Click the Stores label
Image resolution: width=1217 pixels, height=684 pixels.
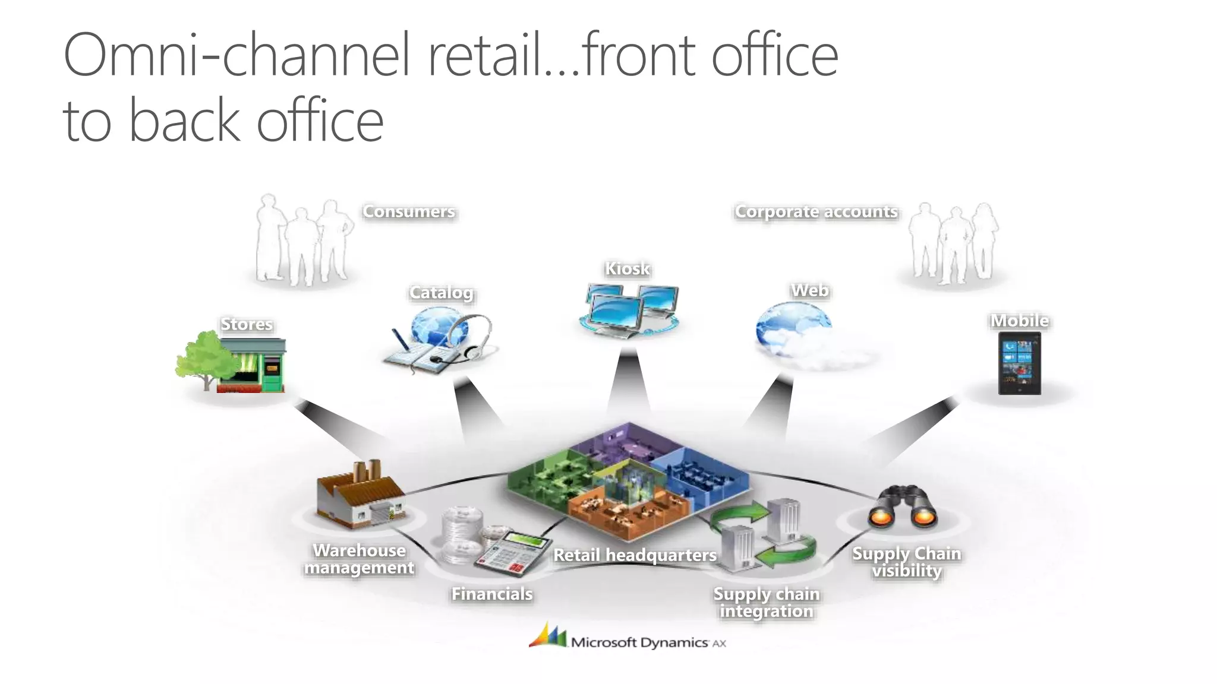(x=247, y=324)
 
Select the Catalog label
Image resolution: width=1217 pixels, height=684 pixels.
(x=441, y=293)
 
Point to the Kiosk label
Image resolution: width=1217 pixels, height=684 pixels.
(x=628, y=269)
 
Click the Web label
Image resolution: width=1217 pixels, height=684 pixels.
(x=809, y=290)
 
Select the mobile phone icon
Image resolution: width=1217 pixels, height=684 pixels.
(x=1019, y=363)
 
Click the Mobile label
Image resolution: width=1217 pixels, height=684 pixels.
(x=1019, y=321)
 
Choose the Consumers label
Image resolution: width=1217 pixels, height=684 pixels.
(x=409, y=211)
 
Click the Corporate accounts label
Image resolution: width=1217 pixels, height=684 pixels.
(x=816, y=211)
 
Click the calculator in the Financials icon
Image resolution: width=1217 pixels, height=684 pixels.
(x=513, y=552)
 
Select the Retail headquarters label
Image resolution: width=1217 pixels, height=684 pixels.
(x=635, y=555)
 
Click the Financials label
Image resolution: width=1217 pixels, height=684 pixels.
(x=492, y=594)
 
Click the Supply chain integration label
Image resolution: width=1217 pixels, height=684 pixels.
(x=766, y=602)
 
